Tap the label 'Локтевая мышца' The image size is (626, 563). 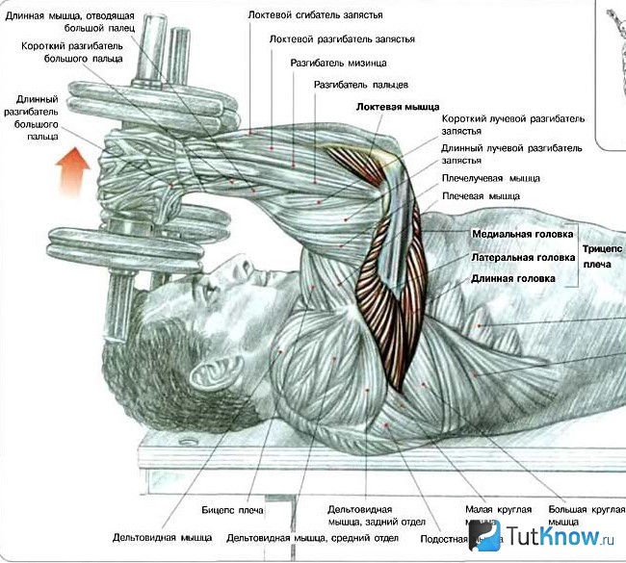(397, 106)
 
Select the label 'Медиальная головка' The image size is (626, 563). (522, 234)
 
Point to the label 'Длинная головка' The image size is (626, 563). (513, 278)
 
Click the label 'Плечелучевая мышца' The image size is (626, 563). (490, 178)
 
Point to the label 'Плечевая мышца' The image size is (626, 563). (480, 195)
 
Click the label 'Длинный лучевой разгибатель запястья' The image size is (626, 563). (512, 155)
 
